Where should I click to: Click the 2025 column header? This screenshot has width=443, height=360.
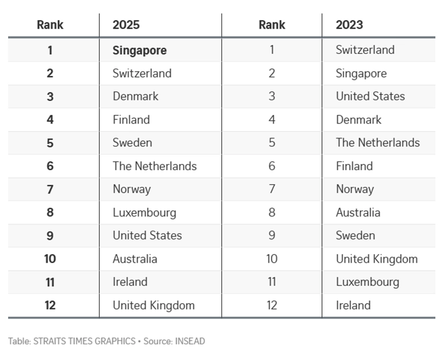[126, 25]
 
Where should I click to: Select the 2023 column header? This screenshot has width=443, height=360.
[349, 25]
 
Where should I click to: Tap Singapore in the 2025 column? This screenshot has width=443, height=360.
[139, 50]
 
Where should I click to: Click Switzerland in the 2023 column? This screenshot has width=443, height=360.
[365, 50]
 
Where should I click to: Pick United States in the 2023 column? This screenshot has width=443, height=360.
[370, 96]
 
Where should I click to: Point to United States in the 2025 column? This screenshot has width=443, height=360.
[147, 235]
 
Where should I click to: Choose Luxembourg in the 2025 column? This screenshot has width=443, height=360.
[144, 212]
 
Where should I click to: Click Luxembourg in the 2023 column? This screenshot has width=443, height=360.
[367, 282]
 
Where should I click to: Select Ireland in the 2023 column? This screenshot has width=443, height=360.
[353, 305]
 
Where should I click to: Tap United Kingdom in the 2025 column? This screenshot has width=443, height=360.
[153, 305]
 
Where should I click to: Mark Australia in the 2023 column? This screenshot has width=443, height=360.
[358, 212]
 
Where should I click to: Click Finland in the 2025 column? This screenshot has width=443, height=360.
[131, 120]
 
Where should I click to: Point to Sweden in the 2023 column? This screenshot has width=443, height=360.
[355, 235]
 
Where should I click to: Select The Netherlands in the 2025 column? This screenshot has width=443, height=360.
[154, 166]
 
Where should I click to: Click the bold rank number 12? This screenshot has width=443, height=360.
[50, 305]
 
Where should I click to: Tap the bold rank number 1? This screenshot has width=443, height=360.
[50, 50]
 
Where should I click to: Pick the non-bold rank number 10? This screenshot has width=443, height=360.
[272, 259]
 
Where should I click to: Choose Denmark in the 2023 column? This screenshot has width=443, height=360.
[358, 120]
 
